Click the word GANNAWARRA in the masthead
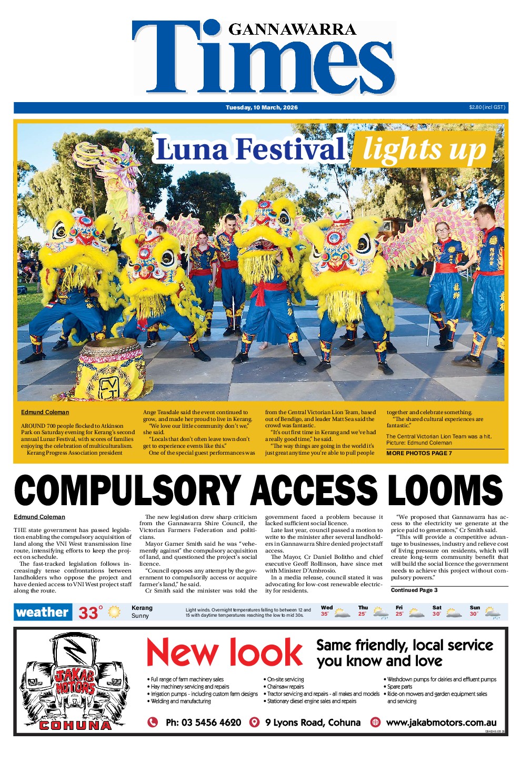(x=292, y=29)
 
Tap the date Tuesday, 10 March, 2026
(x=262, y=107)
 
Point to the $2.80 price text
(x=487, y=107)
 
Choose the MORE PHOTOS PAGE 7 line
(x=419, y=453)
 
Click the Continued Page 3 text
(x=414, y=590)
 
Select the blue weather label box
(x=43, y=612)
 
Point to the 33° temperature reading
(x=91, y=613)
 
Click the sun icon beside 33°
(x=114, y=612)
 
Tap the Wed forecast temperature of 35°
(x=325, y=614)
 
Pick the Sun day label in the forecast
(x=474, y=607)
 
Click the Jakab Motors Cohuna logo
(x=75, y=682)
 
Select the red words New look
(x=224, y=653)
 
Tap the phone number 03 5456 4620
(x=203, y=723)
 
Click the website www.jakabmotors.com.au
(x=441, y=723)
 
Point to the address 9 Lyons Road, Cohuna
(x=313, y=723)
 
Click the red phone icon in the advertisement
(x=153, y=722)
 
